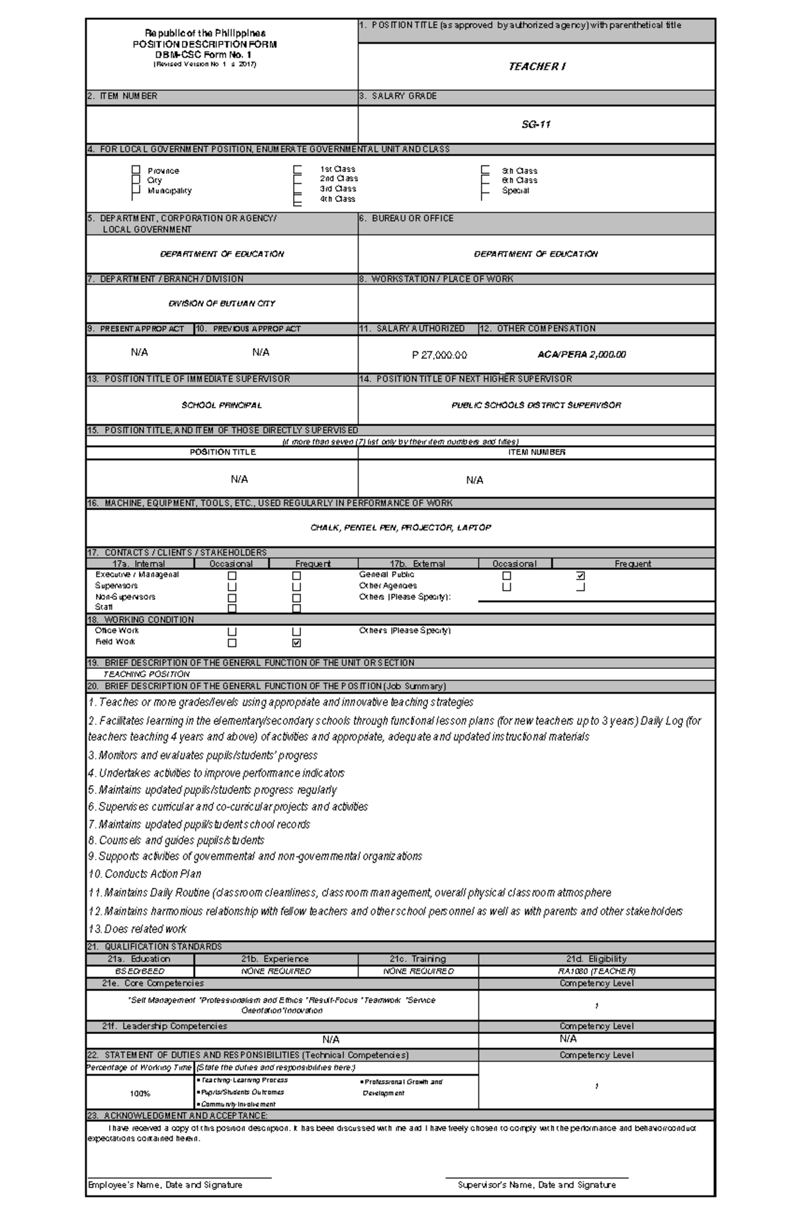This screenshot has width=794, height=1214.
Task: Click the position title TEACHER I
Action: (x=537, y=66)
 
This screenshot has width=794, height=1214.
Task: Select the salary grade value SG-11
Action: (x=536, y=124)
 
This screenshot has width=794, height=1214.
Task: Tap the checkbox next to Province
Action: (x=136, y=170)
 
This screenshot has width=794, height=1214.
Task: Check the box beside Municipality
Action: (x=136, y=191)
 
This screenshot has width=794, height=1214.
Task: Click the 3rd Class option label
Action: (x=337, y=189)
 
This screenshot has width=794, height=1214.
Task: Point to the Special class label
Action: (x=515, y=191)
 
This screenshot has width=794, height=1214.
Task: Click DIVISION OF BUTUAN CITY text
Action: (x=222, y=304)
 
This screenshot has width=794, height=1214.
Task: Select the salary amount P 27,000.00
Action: (x=439, y=355)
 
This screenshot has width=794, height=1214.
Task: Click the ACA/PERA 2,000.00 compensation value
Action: (x=582, y=355)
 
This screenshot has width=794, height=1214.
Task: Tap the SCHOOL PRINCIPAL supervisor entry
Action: (x=222, y=405)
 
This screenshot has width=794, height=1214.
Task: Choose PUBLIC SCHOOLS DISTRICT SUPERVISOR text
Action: (x=536, y=405)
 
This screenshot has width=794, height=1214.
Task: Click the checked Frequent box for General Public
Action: (x=580, y=576)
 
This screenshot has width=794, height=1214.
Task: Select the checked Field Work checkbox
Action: (x=296, y=642)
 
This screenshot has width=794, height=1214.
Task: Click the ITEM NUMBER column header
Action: (x=536, y=453)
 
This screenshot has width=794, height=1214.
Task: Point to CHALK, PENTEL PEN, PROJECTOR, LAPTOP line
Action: (x=400, y=528)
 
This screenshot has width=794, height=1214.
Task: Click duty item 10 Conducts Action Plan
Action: (x=145, y=874)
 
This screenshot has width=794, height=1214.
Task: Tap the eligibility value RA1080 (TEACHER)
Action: (x=596, y=971)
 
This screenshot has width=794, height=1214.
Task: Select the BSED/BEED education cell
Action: (x=140, y=971)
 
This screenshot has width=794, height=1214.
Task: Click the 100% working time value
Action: (x=140, y=1094)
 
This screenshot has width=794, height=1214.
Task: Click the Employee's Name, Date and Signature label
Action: (x=165, y=1185)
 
